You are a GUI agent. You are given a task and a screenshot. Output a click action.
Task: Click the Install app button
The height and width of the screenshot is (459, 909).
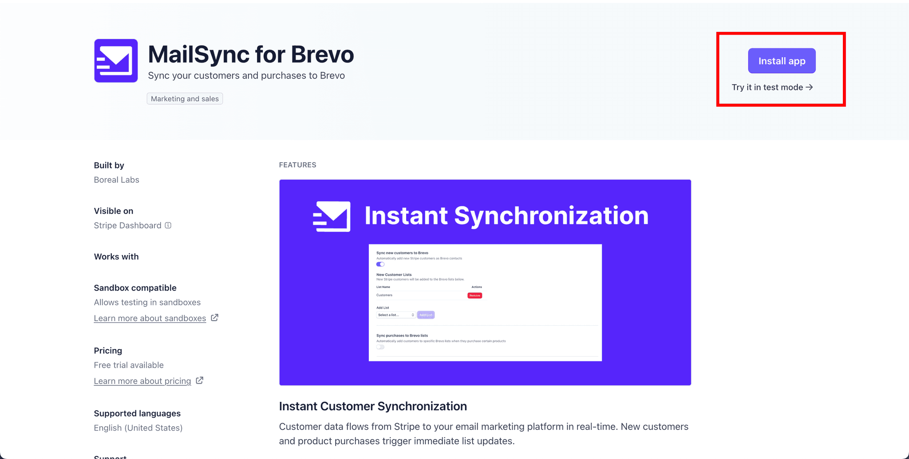coord(782,61)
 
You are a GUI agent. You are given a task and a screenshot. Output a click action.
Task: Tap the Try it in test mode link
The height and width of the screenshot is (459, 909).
coord(772,87)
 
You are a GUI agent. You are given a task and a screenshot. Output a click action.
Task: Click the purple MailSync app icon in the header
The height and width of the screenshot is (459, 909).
coord(116,61)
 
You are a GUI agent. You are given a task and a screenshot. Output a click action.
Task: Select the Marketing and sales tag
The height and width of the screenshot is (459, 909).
coord(185,98)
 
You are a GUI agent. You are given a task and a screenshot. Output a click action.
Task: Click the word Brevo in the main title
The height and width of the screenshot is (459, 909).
coord(322,55)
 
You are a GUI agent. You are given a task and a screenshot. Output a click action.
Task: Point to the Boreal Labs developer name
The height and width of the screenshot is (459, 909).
coord(116,180)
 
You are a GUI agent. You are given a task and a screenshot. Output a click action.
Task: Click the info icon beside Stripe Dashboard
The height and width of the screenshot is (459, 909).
coord(168,225)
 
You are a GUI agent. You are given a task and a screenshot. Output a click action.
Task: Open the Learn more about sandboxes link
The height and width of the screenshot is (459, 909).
coord(150,318)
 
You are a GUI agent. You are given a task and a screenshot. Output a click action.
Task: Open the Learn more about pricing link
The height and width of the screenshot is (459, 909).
coord(142,381)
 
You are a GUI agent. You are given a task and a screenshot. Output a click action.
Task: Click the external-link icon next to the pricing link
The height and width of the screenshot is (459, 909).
coord(200,381)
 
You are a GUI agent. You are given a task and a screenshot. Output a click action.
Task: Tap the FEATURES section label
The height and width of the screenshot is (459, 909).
coord(297,165)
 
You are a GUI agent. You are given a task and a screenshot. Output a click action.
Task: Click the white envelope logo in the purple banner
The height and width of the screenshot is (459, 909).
coord(332,216)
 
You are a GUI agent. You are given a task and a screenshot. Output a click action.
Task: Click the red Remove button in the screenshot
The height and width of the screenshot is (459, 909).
coord(474,295)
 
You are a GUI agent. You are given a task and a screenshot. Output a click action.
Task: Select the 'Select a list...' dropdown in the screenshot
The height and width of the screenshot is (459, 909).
coord(395,315)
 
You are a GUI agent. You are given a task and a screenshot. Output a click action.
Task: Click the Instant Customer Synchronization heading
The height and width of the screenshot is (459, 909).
coord(373,406)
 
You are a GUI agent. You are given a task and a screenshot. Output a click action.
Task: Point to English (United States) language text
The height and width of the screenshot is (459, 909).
coord(138,428)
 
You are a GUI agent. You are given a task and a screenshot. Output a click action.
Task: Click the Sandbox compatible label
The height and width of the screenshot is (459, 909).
coord(135,288)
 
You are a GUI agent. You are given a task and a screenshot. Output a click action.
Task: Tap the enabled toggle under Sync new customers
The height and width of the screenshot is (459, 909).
coord(380,264)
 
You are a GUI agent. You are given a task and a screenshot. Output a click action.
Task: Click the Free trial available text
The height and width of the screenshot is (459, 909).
coord(129,365)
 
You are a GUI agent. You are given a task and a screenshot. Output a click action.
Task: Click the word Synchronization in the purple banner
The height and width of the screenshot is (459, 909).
coord(551,216)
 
